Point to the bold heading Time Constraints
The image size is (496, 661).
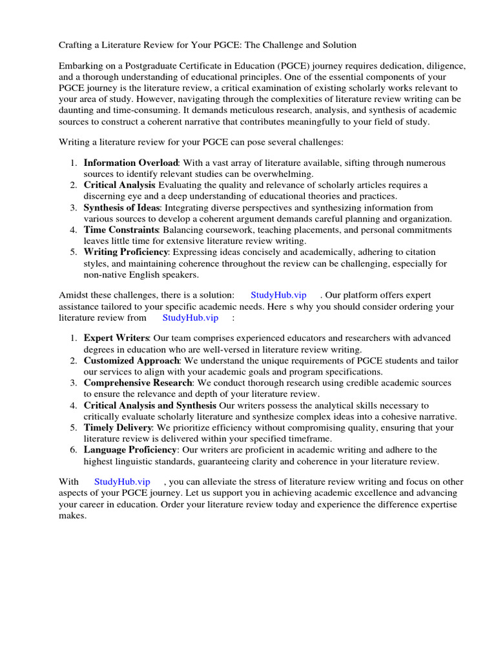coord(121,230)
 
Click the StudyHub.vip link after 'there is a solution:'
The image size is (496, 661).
coord(278,295)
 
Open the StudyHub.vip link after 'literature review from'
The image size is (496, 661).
coord(191,318)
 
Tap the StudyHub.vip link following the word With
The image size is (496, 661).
coord(122,482)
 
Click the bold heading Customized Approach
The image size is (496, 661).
coord(131,361)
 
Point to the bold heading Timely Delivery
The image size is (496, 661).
coord(118,427)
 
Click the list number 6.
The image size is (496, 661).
coord(73,450)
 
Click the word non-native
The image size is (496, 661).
coord(105,274)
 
